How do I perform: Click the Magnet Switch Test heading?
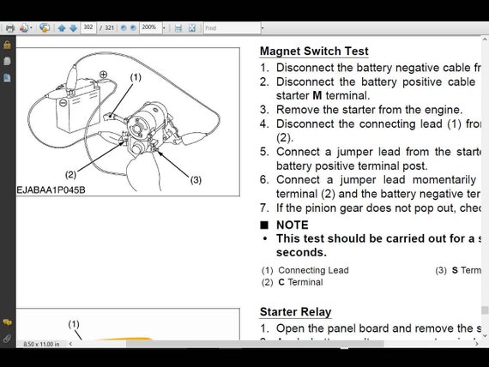click(x=314, y=51)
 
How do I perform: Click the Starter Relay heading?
click(x=295, y=311)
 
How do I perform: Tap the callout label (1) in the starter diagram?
click(x=136, y=77)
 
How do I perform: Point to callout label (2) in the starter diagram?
click(x=70, y=174)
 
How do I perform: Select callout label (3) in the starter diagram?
click(x=196, y=179)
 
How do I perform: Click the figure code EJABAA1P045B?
click(x=51, y=190)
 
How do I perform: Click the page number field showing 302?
click(x=88, y=27)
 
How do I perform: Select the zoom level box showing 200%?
click(x=149, y=27)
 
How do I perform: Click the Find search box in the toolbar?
click(x=230, y=27)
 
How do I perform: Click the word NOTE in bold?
click(x=292, y=225)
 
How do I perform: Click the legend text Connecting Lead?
click(x=313, y=270)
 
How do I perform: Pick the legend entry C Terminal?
click(x=300, y=282)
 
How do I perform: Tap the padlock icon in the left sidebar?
click(x=7, y=45)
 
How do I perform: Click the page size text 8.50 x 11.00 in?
click(x=41, y=344)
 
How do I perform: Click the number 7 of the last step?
click(x=264, y=208)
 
